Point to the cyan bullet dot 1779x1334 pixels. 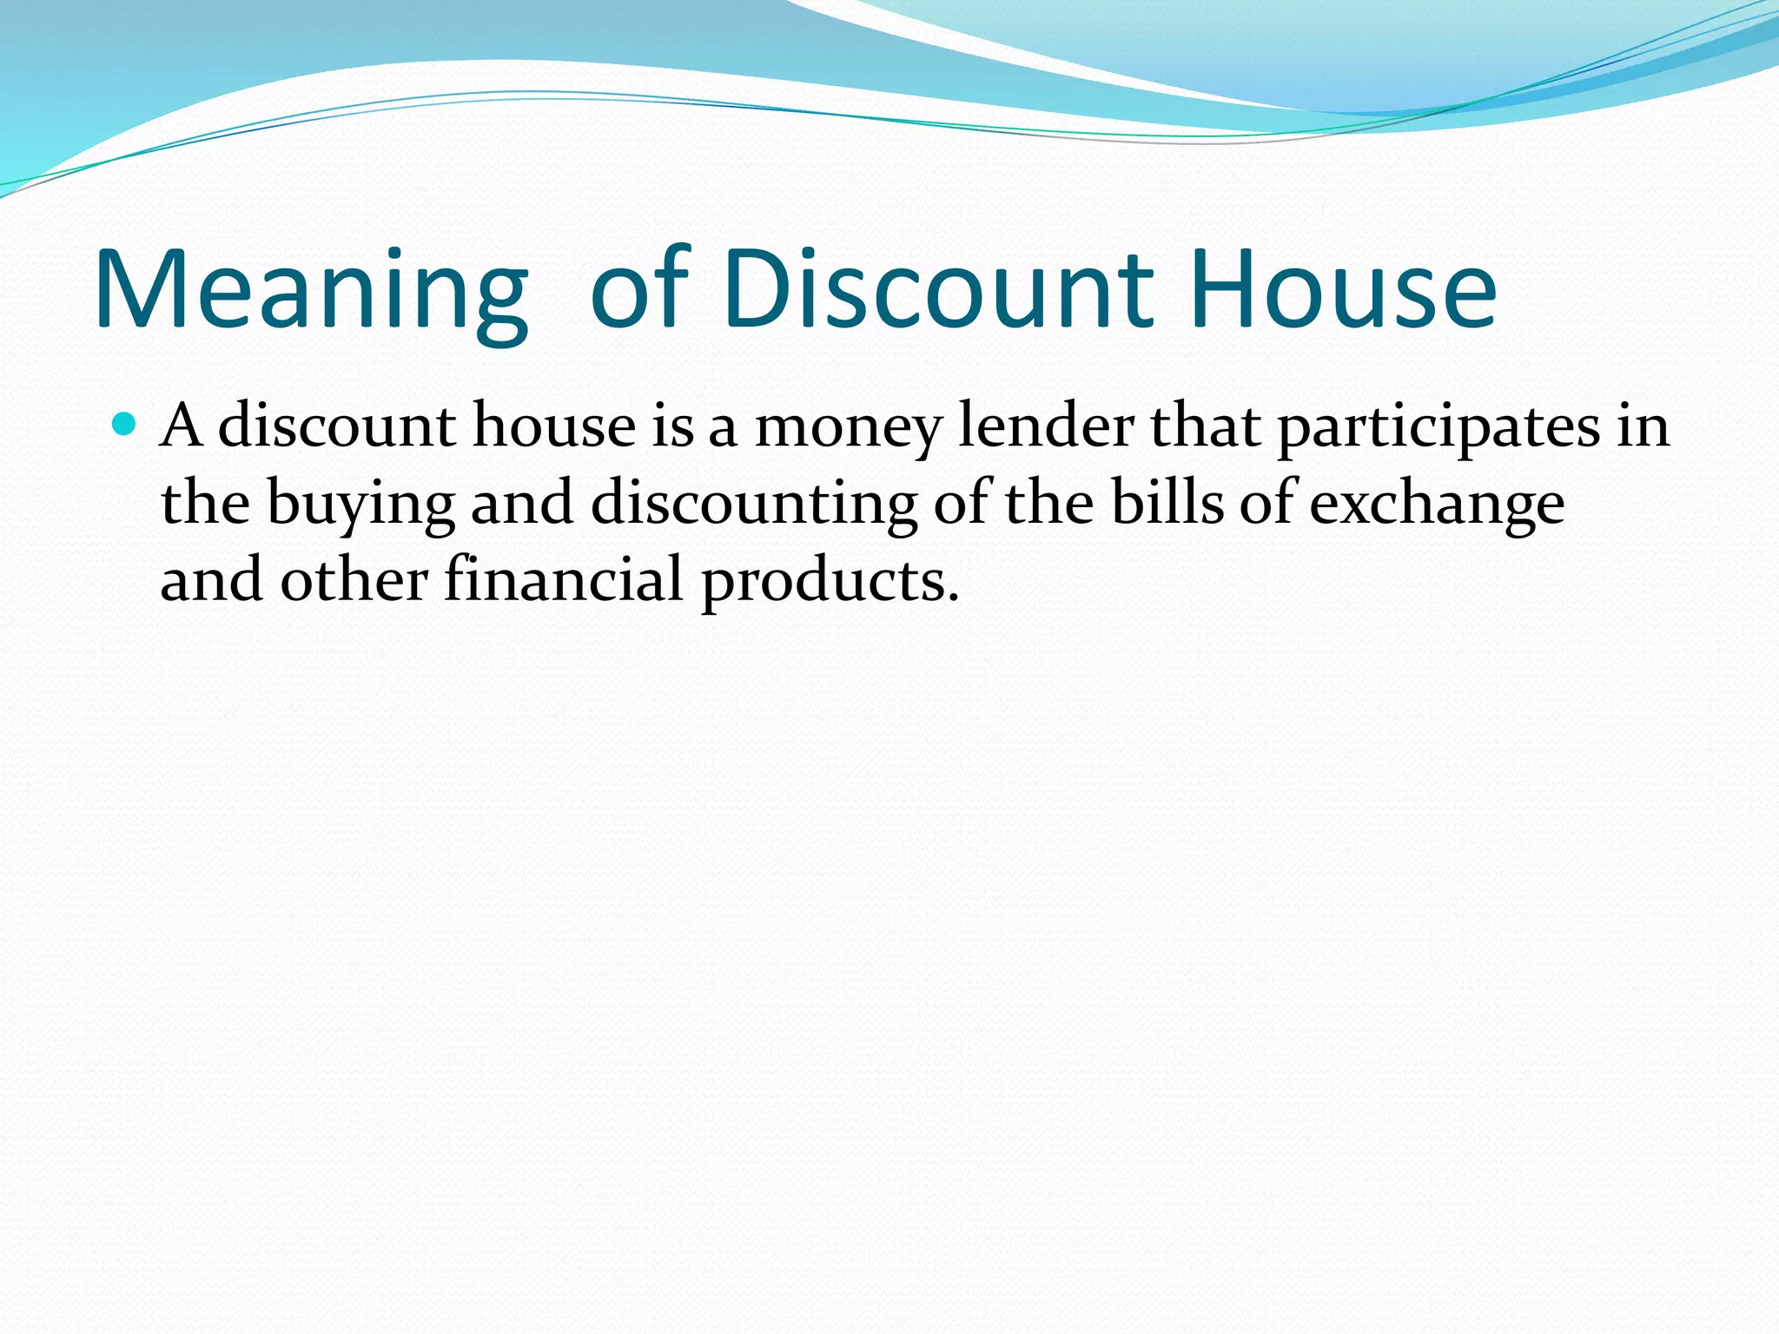tap(126, 425)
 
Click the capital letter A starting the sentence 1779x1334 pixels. tap(182, 426)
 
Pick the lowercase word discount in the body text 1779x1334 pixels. tap(337, 426)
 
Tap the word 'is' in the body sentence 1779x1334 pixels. tap(673, 426)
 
